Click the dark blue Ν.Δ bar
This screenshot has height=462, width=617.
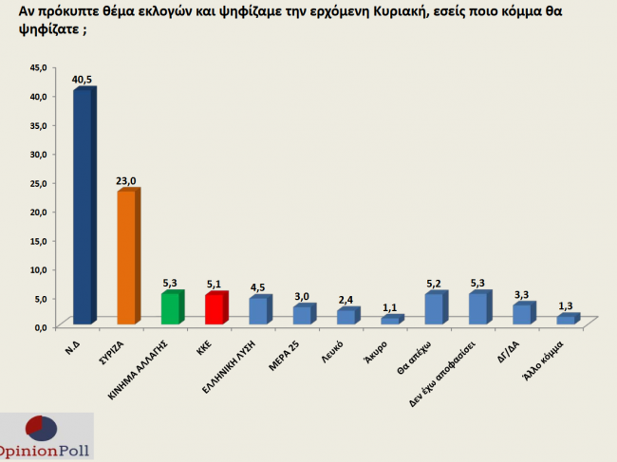click(83, 207)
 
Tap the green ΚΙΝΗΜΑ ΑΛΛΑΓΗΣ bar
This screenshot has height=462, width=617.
click(169, 309)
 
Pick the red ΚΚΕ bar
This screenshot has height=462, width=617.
click(214, 310)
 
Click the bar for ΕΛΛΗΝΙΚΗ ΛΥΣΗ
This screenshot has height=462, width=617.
click(257, 312)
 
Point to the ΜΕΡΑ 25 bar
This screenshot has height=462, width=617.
click(300, 316)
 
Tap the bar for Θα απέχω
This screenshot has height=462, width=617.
click(433, 309)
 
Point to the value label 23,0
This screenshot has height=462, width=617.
click(127, 181)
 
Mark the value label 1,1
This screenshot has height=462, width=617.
click(390, 307)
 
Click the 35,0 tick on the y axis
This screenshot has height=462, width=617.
click(39, 125)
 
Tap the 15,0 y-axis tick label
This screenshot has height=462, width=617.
click(39, 240)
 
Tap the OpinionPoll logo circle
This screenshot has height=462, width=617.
click(39, 429)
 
